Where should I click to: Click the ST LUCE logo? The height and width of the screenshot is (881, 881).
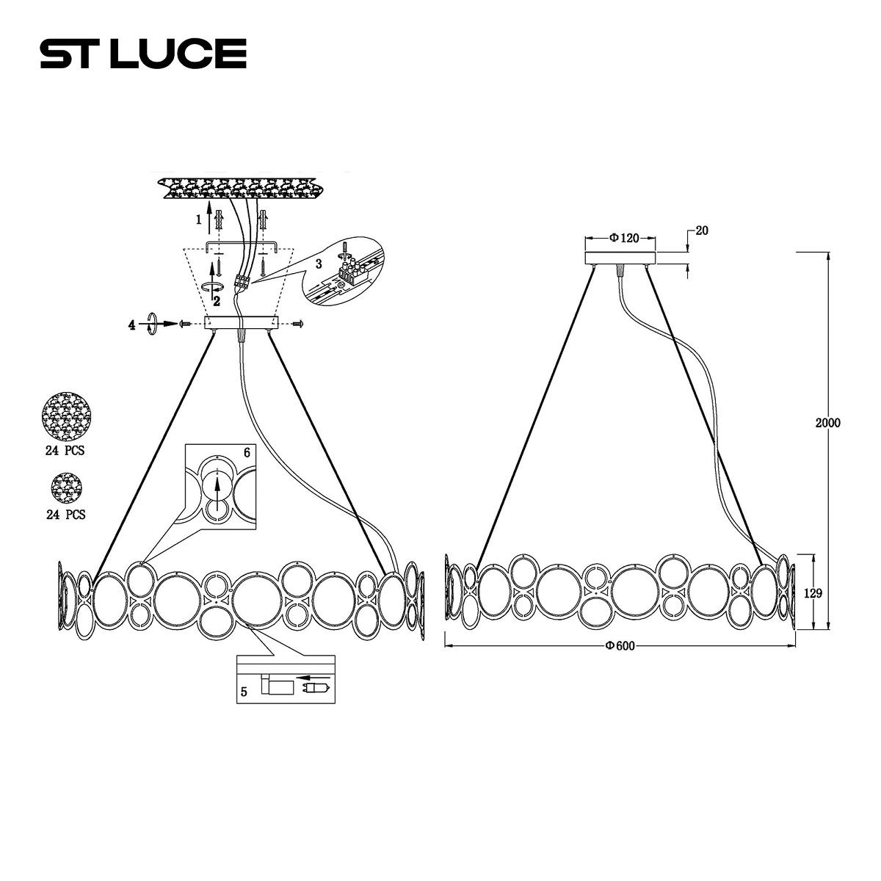tap(143, 54)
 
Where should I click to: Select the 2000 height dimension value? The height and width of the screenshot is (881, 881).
tap(827, 423)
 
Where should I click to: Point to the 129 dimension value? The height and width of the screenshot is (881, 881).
tap(813, 593)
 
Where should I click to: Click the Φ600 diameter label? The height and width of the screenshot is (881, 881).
tap(620, 645)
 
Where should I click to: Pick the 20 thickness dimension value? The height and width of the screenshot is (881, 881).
tap(701, 231)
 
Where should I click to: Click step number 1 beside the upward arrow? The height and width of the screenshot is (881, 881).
tap(198, 220)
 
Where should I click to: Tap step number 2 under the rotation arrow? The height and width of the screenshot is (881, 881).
tap(217, 301)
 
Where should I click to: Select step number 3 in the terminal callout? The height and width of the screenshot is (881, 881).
tap(319, 264)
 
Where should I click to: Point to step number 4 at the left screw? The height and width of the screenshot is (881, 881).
tap(131, 325)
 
